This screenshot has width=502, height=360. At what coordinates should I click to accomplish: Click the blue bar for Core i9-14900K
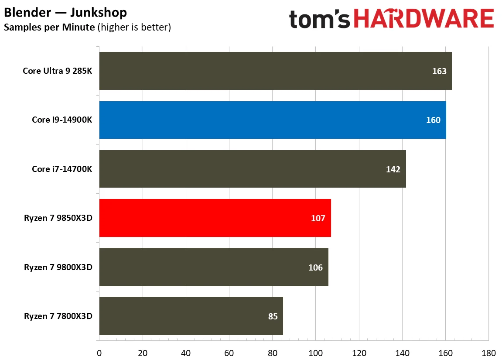[273, 120]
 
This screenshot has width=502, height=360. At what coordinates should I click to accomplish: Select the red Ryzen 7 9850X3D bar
[215, 218]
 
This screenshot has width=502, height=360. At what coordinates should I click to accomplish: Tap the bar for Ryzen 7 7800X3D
[191, 316]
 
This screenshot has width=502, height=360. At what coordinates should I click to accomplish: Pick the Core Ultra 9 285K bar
[275, 71]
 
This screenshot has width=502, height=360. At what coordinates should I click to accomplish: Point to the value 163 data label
[439, 71]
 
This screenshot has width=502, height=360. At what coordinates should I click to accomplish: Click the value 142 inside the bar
[393, 169]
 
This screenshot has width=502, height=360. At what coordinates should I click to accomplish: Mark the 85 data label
[273, 316]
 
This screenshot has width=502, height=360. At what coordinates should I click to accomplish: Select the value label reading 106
[315, 267]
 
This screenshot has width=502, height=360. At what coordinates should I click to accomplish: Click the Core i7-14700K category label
[62, 169]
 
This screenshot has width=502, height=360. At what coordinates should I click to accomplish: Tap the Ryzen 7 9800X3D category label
[58, 267]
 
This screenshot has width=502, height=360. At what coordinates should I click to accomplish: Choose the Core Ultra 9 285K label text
[58, 71]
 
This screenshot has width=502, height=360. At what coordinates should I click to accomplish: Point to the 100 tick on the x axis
[315, 353]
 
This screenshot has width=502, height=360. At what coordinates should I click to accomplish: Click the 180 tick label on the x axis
[488, 353]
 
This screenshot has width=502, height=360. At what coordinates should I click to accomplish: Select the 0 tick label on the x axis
[99, 353]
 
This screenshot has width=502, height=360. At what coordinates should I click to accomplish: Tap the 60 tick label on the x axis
[229, 353]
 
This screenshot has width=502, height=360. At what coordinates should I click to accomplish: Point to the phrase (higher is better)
[134, 27]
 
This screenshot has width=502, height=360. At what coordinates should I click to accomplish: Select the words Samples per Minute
[49, 27]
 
